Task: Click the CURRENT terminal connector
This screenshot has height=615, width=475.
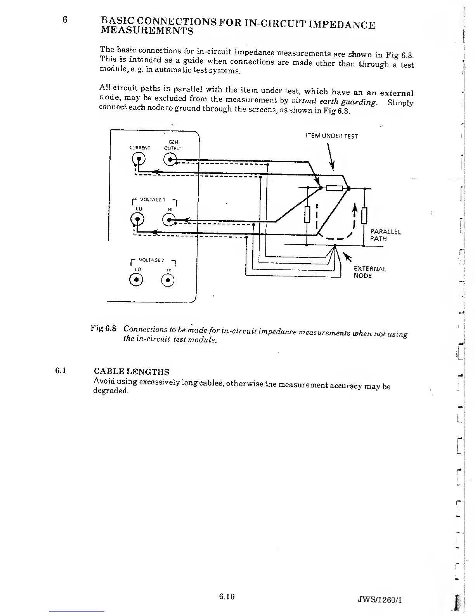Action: click(139, 159)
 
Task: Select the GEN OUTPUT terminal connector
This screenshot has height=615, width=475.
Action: click(170, 160)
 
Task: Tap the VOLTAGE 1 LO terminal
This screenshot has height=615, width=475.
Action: click(137, 220)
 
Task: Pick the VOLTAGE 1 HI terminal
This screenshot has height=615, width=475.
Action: click(170, 221)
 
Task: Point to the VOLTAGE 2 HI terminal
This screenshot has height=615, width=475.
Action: click(168, 280)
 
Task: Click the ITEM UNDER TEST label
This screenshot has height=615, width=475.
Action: click(331, 136)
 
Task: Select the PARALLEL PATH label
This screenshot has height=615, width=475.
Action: click(385, 235)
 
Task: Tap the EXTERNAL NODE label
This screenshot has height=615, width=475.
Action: click(369, 272)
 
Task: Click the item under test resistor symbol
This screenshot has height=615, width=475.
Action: click(334, 188)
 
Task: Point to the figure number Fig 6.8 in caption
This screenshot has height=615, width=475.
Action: click(103, 328)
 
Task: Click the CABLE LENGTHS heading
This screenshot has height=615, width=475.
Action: click(132, 372)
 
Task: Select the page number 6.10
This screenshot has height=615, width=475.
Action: click(227, 596)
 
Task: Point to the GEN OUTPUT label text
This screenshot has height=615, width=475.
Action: click(173, 145)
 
